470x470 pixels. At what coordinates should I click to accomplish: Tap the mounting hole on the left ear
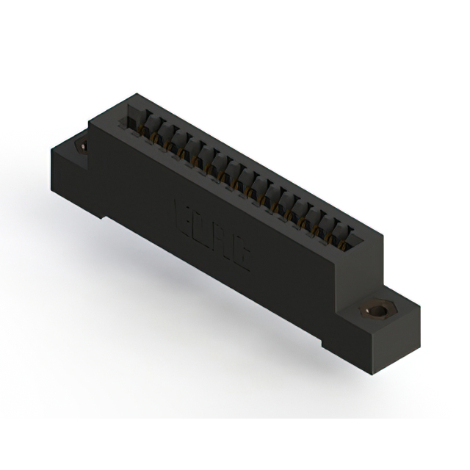click(82, 145)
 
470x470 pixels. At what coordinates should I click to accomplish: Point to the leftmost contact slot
click(134, 117)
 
